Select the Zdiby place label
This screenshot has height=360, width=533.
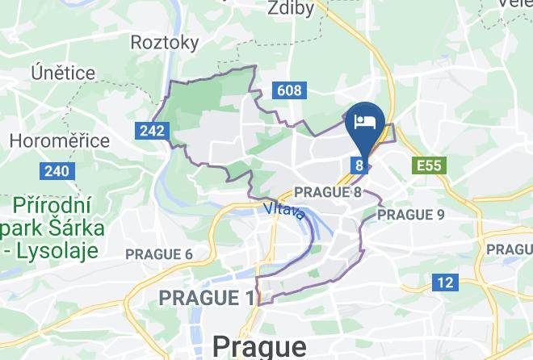click(x=292, y=7)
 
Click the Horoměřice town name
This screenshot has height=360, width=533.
click(x=60, y=140)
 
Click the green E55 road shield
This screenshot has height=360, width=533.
click(x=427, y=166)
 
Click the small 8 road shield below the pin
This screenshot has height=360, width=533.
click(x=359, y=165)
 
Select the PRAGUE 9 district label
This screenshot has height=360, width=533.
click(x=411, y=215)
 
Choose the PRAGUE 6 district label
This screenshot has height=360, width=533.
click(x=159, y=254)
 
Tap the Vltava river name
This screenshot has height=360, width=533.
click(x=283, y=211)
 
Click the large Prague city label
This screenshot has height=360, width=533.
click(x=259, y=346)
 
